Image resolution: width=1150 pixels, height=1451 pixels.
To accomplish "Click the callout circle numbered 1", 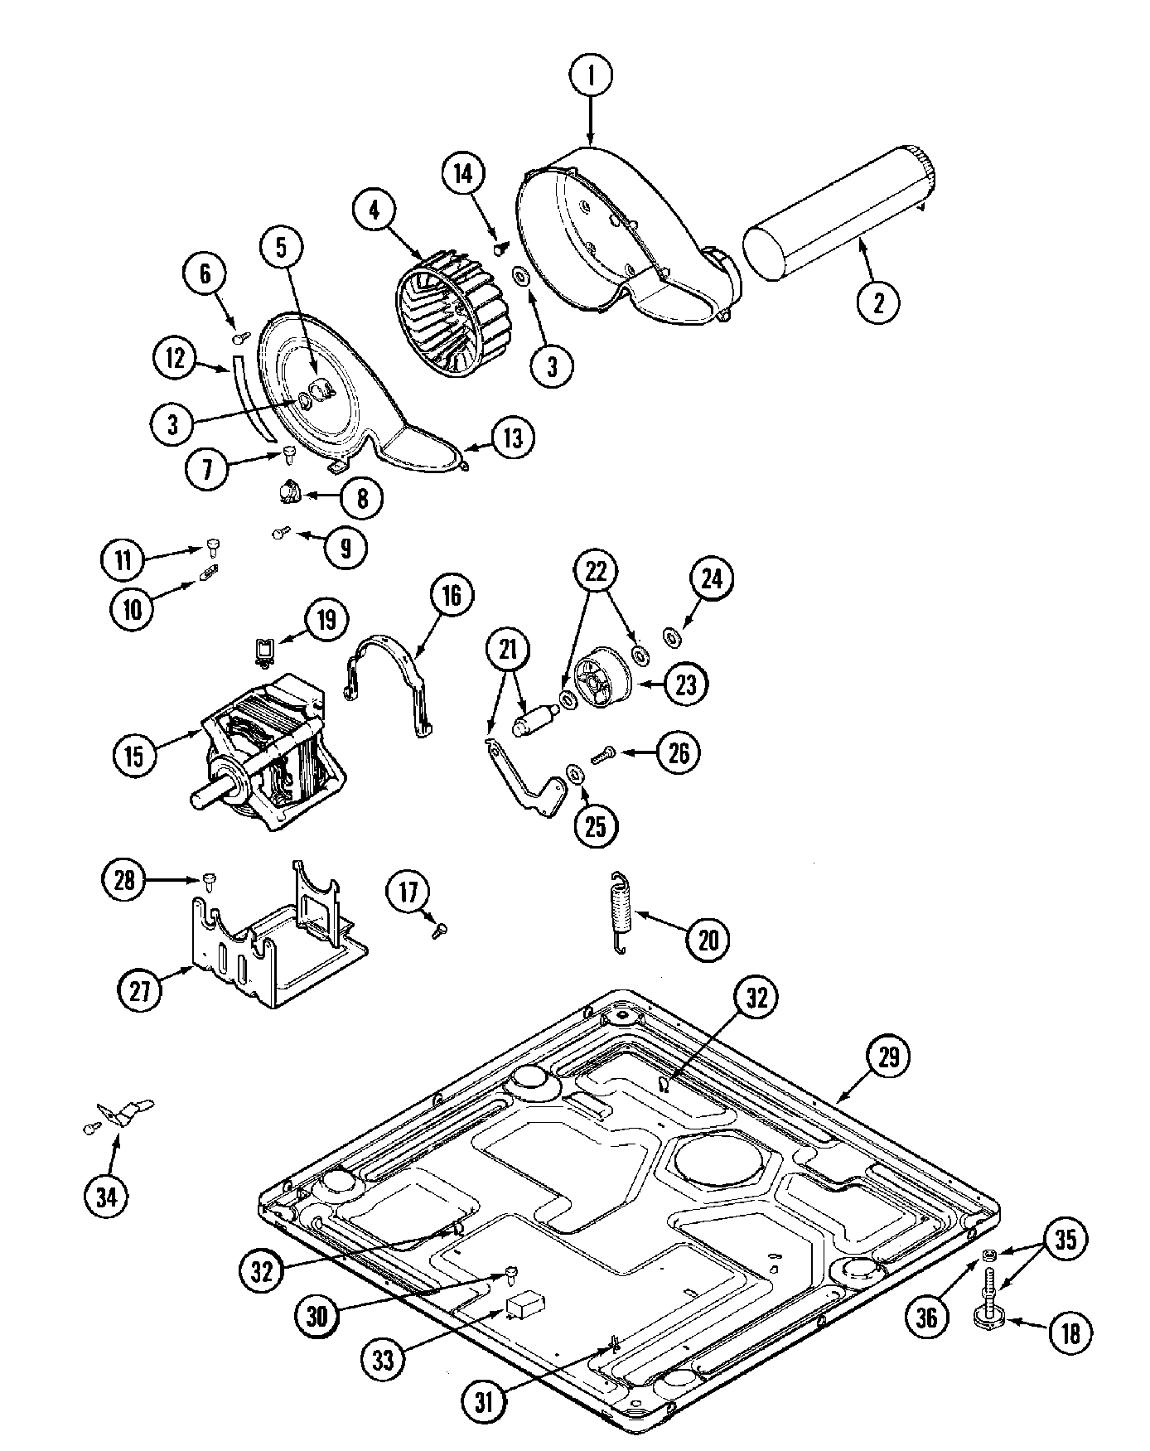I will tap(591, 76).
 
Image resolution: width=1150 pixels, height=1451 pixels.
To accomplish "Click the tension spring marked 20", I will tap(620, 913).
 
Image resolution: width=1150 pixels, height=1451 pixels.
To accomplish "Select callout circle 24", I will tap(712, 579).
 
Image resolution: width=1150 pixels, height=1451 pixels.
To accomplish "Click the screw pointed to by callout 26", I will tap(603, 754).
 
